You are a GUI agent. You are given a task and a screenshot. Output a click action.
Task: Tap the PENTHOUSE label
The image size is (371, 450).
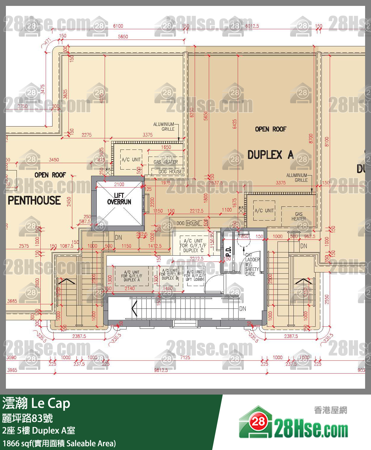pyautogui.click(x=34, y=201)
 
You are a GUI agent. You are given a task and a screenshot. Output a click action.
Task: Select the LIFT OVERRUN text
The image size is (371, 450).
pyautogui.click(x=119, y=199)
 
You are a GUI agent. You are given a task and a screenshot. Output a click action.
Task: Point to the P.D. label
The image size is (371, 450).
pyautogui.click(x=228, y=252)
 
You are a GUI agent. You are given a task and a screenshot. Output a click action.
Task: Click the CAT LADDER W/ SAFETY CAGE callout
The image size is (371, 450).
pyautogui.click(x=252, y=264)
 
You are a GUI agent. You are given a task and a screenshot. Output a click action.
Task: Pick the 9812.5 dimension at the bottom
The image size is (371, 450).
pyautogui.click(x=161, y=370)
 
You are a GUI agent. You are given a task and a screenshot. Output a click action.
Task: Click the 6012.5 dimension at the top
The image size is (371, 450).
pyautogui.click(x=252, y=26)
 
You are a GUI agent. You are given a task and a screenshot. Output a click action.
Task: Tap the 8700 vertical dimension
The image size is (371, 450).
pyautogui.click(x=311, y=139)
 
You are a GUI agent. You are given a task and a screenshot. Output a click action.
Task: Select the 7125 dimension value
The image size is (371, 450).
pyautogui.click(x=185, y=357)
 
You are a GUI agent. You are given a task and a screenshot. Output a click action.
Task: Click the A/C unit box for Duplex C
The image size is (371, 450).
pyautogui.click(x=193, y=245)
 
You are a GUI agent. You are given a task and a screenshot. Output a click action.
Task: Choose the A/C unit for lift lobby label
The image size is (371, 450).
pyautogui.click(x=195, y=275)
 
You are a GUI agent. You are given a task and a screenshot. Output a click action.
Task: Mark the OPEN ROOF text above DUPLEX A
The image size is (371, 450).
pyautogui.click(x=270, y=129)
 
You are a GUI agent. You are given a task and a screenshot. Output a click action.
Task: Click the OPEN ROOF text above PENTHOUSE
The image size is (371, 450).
pyautogui.click(x=50, y=175)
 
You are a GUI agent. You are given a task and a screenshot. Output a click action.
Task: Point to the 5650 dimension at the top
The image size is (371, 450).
pyautogui.click(x=123, y=37)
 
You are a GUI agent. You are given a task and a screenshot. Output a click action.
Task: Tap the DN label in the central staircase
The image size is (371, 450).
pyautogui.click(x=242, y=309)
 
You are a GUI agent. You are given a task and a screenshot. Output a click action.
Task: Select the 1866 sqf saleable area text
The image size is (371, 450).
pyautogui.click(x=59, y=443)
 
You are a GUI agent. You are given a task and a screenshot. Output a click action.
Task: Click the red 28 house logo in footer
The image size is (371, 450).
pyautogui.click(x=258, y=421)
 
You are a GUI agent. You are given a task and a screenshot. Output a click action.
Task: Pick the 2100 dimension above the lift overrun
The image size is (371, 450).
pyautogui.click(x=119, y=184)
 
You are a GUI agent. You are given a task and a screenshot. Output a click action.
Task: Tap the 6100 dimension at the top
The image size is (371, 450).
pyautogui.click(x=118, y=26)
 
